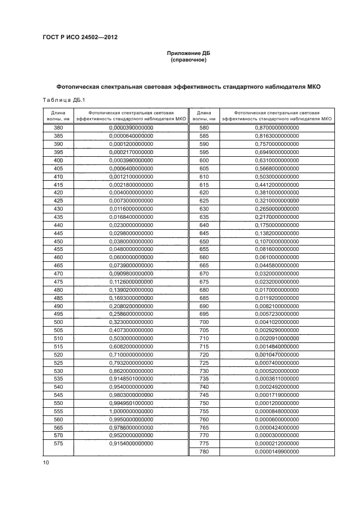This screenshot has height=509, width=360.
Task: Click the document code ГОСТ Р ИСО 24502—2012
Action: coord(80,37)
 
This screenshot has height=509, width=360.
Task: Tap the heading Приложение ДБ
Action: coord(188,53)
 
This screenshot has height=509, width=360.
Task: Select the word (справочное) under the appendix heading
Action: coord(188,60)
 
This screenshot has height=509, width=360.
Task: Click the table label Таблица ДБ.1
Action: coord(60,99)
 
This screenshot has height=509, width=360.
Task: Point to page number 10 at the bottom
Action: coord(46,462)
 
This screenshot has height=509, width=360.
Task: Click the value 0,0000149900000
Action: coord(277,451)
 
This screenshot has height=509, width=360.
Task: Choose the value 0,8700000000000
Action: coord(277,128)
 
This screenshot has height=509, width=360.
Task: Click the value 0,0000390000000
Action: coord(131,128)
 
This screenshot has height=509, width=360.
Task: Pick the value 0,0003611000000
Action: coord(277,378)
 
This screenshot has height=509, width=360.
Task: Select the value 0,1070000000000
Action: coord(277,241)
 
